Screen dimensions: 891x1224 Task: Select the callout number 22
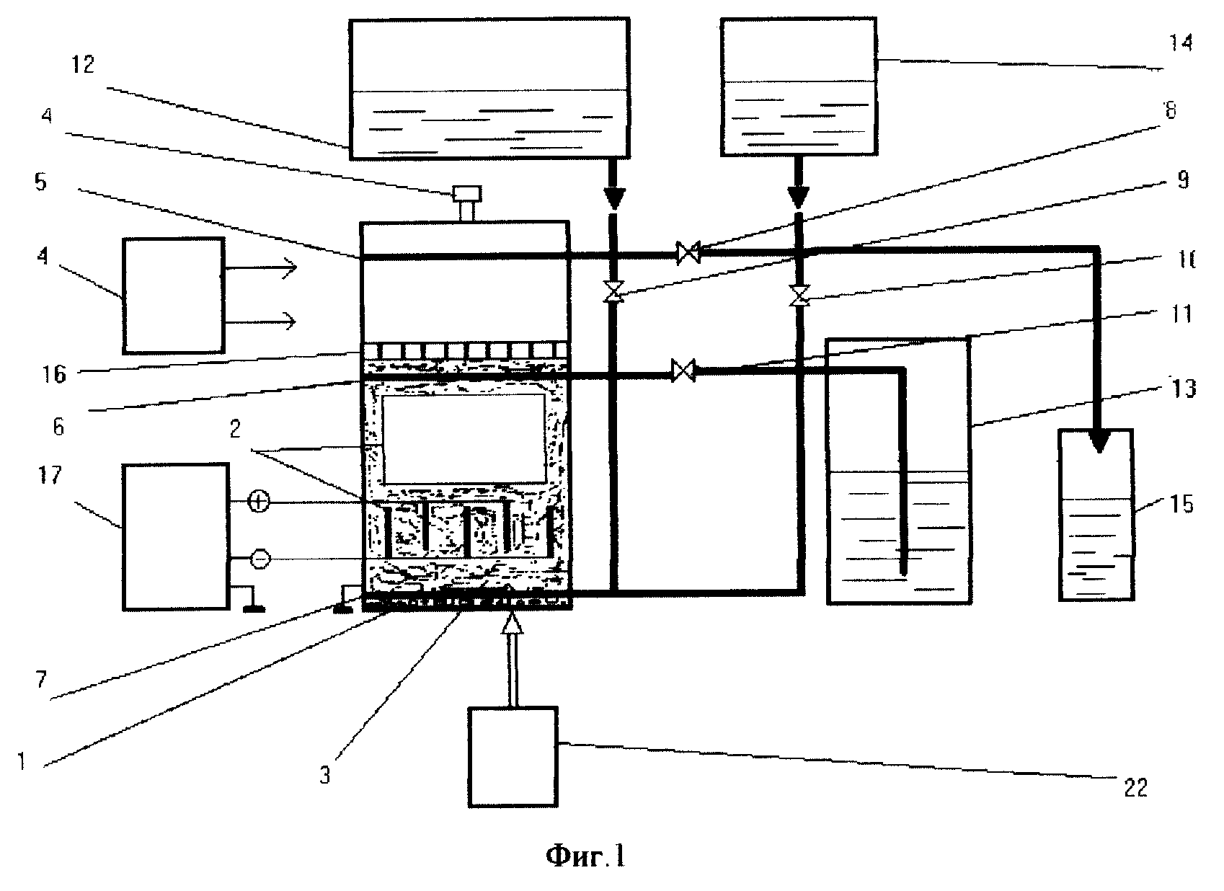1136,788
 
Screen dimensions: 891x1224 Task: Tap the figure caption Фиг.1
585,856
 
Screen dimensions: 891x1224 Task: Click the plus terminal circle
258,502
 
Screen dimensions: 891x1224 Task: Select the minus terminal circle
260,559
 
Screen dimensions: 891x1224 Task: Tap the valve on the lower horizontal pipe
683,371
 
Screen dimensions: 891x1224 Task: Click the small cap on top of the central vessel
467,195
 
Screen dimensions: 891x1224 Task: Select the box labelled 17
175,537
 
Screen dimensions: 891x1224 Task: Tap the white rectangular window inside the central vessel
464,438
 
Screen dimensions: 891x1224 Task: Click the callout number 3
325,776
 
